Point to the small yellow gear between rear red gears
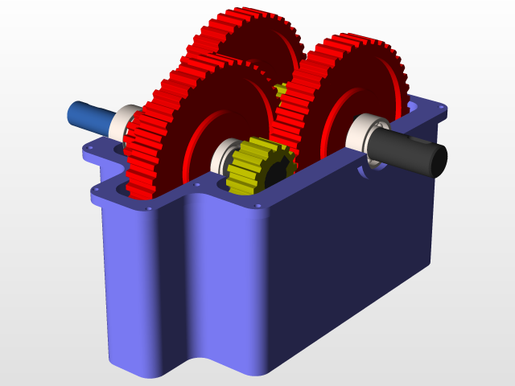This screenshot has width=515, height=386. pyautogui.click(x=281, y=89)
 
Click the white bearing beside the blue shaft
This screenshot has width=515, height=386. pyautogui.click(x=125, y=121)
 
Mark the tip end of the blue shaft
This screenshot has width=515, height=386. pyautogui.click(x=71, y=113)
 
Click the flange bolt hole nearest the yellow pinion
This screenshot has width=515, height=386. pyautogui.click(x=257, y=206)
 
